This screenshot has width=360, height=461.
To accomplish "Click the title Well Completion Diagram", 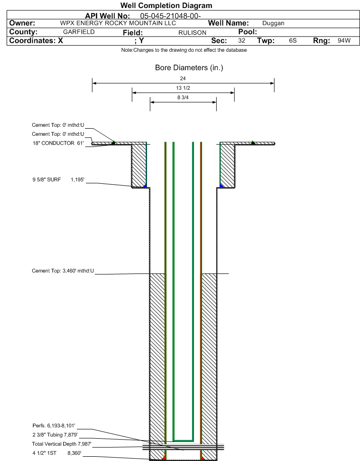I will click(x=166, y=5).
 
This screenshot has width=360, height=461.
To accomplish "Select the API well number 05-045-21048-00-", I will click(x=171, y=15).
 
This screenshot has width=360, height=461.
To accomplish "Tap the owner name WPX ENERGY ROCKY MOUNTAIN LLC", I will click(x=118, y=23).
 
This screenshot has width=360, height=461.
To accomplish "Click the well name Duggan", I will click(x=273, y=23).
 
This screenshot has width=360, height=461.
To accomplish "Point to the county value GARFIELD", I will click(x=79, y=32).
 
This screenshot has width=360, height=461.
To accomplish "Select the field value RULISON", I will click(x=192, y=32).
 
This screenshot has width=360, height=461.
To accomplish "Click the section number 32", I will click(x=241, y=41).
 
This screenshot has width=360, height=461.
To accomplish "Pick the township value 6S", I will click(x=293, y=41).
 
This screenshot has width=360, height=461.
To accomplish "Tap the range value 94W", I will click(x=344, y=41).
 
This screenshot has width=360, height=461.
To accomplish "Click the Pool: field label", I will click(x=247, y=32).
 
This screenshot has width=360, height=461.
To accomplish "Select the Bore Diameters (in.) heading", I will click(x=189, y=68).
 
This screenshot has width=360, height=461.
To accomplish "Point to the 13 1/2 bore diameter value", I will click(x=183, y=88).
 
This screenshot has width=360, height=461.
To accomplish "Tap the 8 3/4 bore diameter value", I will click(x=183, y=98).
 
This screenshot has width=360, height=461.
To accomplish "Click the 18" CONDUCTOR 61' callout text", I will click(x=57, y=142).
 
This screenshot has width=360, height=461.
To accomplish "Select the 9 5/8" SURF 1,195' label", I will click(x=57, y=179).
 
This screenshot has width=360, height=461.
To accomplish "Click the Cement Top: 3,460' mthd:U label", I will click(x=63, y=271).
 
